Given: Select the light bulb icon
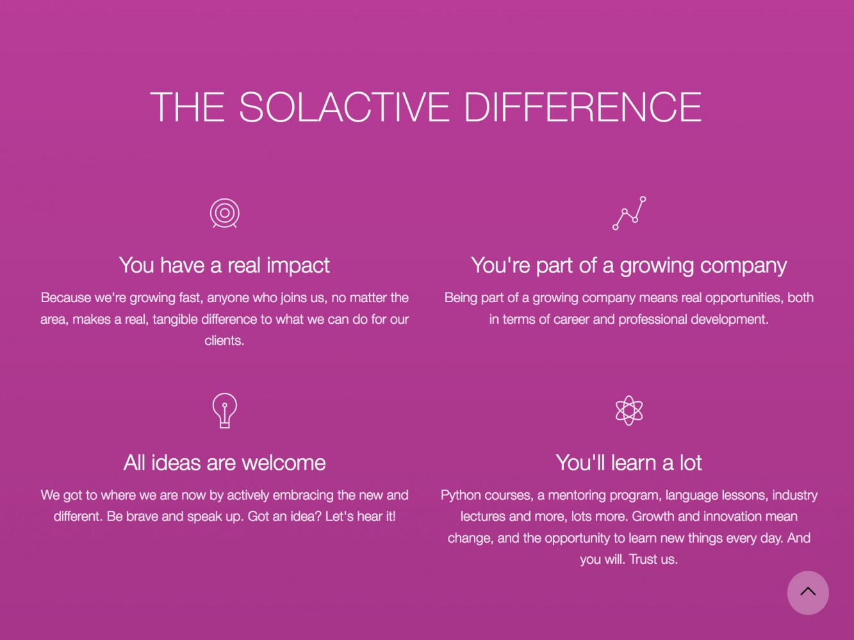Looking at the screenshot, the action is point(224,410).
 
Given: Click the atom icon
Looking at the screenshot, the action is point(629,410).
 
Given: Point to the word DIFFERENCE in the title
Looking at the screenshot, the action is point(582,107).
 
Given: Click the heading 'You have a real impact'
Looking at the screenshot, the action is point(224,266).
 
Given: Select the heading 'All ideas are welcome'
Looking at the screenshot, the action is point(224,463).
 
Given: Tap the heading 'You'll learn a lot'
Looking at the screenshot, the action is point(628,463).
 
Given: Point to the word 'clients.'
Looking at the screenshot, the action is point(224,340).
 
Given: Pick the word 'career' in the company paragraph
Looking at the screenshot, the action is point(571,320).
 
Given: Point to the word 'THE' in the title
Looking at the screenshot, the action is point(187,107).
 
